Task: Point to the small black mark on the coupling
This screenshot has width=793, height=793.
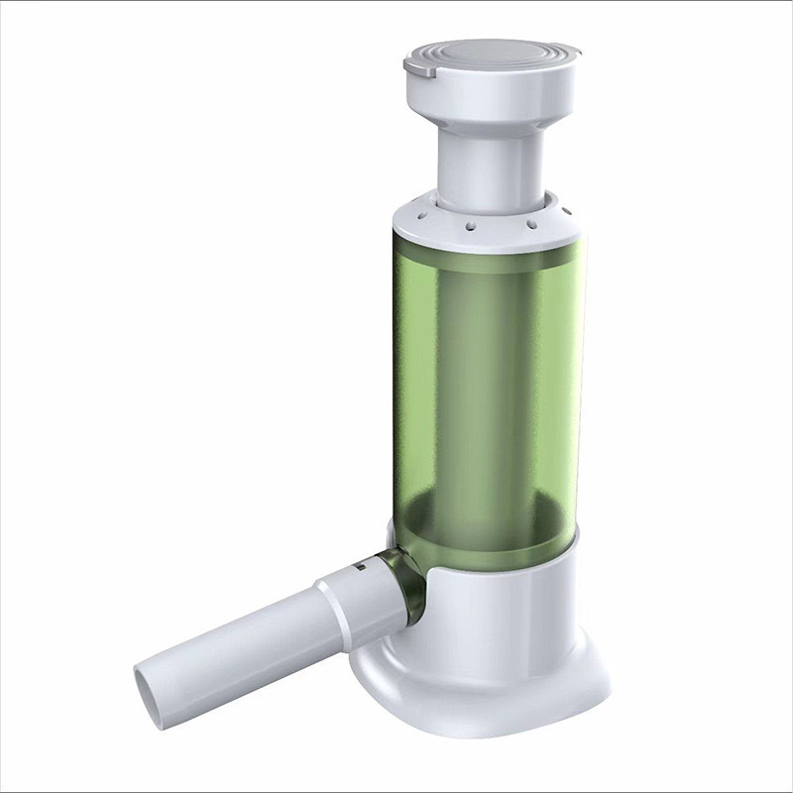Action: point(361,569)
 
